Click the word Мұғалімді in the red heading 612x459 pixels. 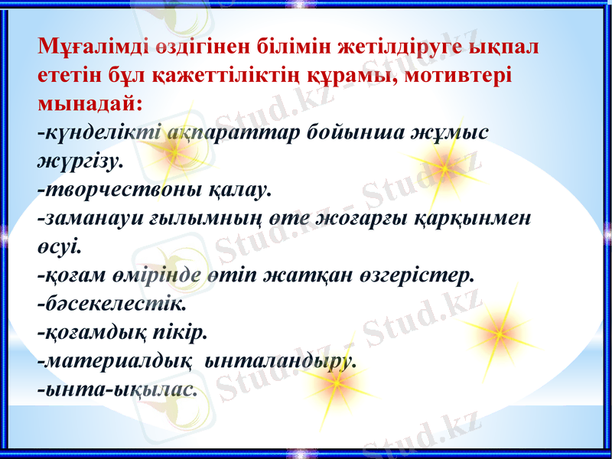(x=86, y=46)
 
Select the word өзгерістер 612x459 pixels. (x=418, y=274)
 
